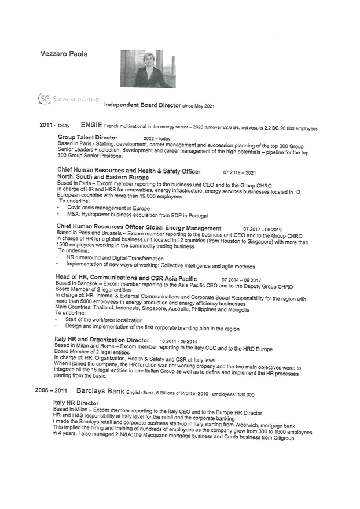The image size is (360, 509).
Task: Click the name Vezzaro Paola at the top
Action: (x=64, y=53)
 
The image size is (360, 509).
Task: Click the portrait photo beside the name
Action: (x=148, y=68)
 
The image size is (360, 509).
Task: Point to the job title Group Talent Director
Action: (x=87, y=138)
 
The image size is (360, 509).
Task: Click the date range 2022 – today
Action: (x=157, y=139)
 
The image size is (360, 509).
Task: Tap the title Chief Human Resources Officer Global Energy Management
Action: (x=139, y=228)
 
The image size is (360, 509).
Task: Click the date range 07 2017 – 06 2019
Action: (x=262, y=229)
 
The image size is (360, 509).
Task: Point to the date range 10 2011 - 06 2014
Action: (x=178, y=341)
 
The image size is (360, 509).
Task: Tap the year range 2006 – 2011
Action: (x=52, y=391)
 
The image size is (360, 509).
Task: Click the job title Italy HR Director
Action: (x=76, y=403)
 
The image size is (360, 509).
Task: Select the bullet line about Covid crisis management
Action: (x=108, y=208)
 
